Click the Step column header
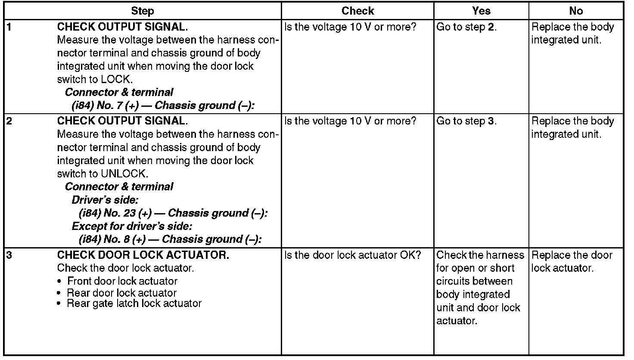coord(142,11)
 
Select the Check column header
coord(357,11)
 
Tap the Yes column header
coord(481,11)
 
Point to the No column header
coord(576,11)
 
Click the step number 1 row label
coord(9,27)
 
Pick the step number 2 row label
coord(9,121)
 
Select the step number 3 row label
coord(9,255)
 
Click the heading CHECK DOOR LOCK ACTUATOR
coord(143,255)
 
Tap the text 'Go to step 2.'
coord(466,27)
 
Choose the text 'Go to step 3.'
coord(466,121)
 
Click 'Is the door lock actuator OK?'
coord(352,255)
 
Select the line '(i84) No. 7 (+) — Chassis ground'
coord(163,106)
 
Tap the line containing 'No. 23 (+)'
coord(173,213)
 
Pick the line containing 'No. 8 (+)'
coord(170,239)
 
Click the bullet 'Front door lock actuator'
coord(122,281)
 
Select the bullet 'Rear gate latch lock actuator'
coord(134,304)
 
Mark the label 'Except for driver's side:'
coord(132,226)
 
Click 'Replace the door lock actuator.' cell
coord(572,261)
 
